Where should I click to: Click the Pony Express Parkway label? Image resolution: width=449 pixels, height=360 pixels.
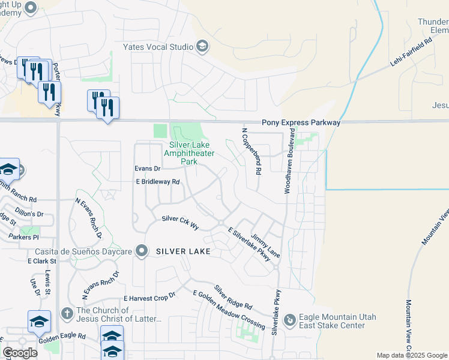point(301,122)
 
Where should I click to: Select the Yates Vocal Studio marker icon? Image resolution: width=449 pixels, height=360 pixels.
point(202,47)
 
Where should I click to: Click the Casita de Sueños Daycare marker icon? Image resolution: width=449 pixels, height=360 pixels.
point(142,251)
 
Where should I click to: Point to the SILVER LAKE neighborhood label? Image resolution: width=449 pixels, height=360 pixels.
point(183,251)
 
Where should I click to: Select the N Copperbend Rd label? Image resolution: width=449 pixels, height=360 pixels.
point(252,151)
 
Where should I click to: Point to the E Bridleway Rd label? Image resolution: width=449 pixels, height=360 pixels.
point(158,181)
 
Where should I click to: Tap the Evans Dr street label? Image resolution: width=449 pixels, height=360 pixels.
point(148,169)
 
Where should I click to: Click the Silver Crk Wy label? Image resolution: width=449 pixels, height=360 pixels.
point(180,223)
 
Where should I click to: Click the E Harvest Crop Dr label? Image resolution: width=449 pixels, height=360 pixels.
point(149,297)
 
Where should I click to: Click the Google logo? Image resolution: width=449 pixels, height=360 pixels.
point(20,353)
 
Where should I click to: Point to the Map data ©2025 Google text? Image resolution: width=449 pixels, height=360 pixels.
point(412,355)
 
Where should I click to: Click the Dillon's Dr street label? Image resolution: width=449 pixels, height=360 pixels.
point(32,214)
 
